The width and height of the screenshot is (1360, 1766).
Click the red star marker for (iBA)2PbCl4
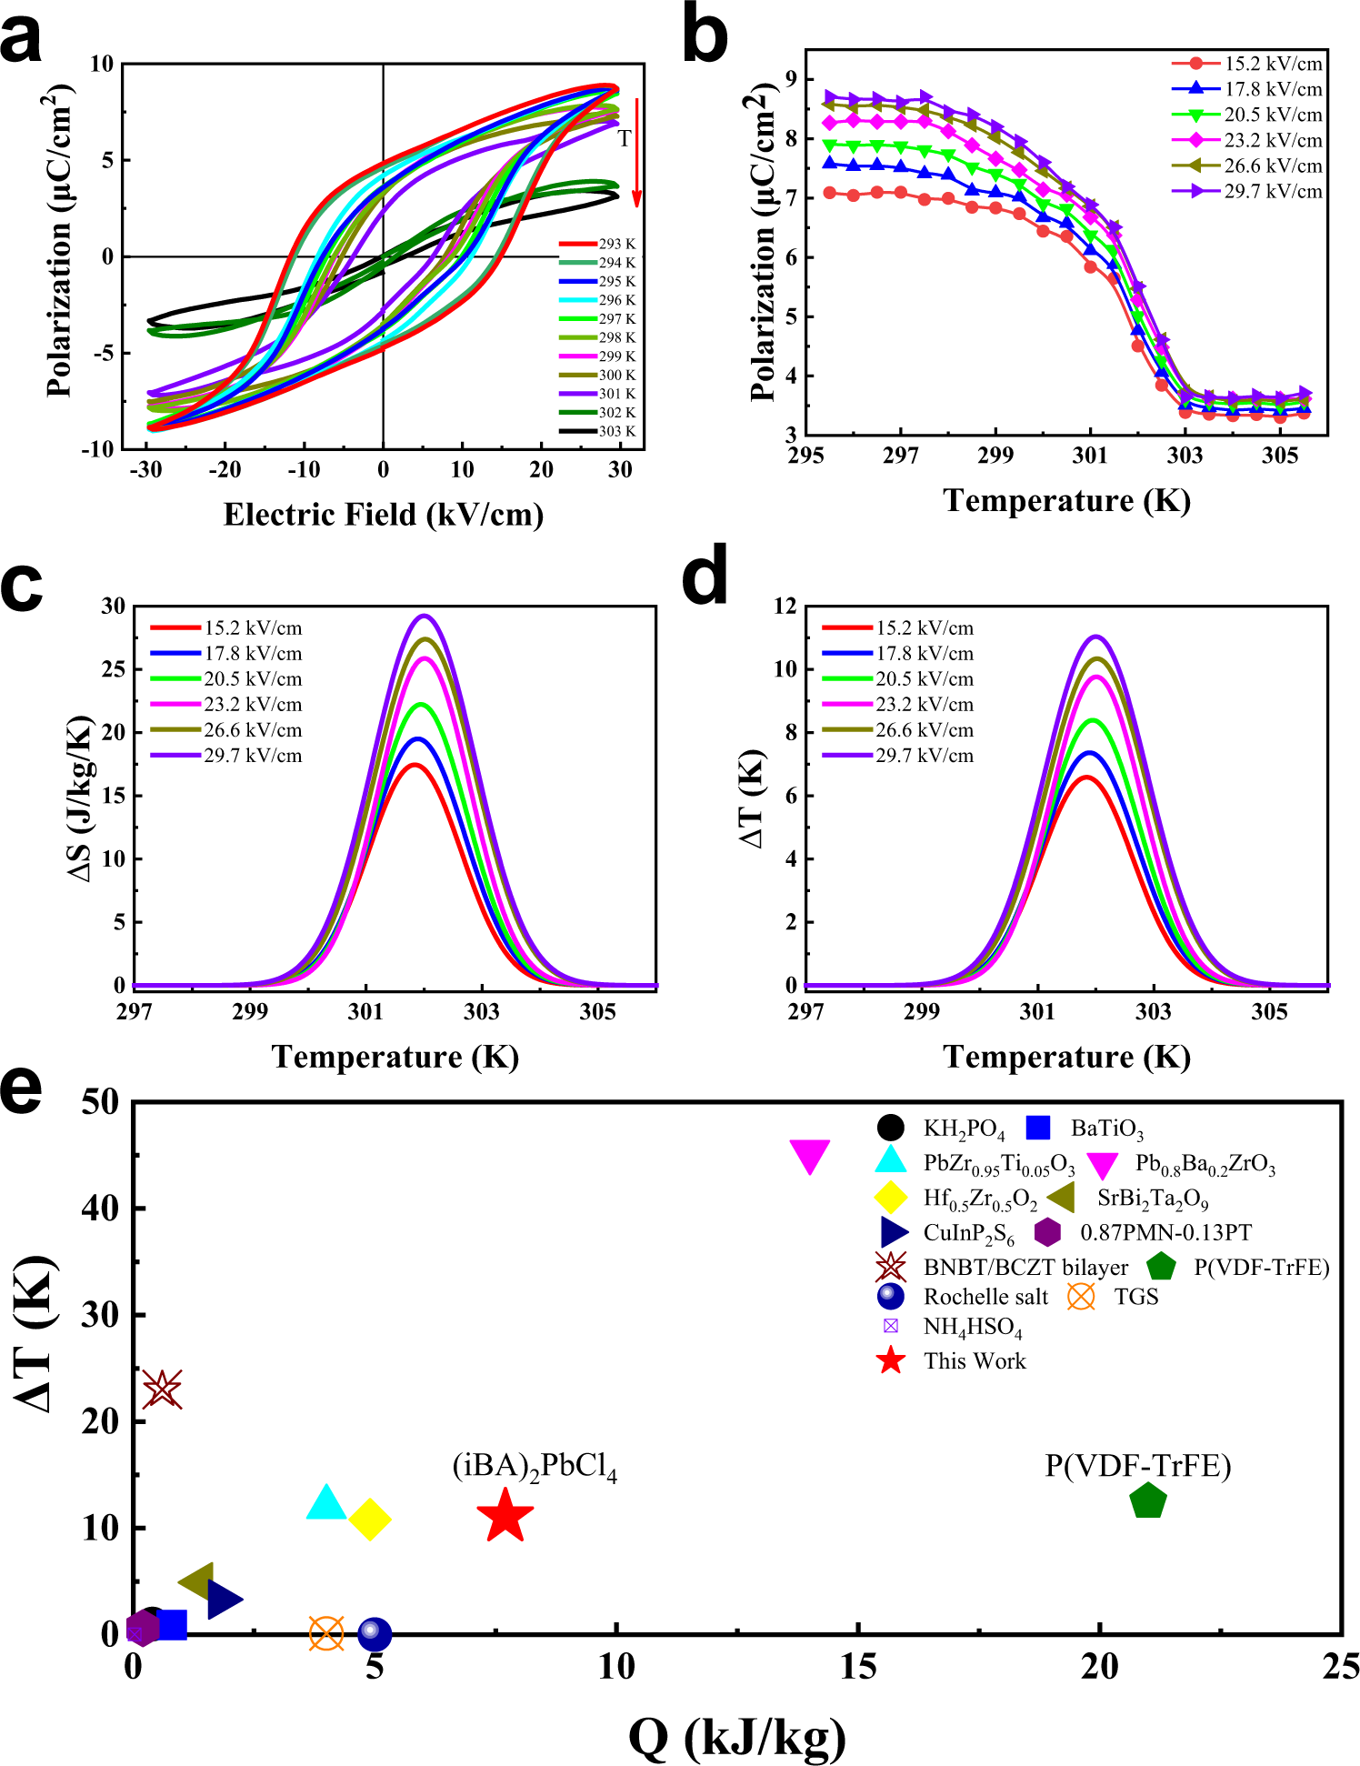pos(505,1517)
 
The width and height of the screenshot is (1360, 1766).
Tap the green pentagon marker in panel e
pos(1147,1501)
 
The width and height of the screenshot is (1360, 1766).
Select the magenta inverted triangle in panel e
pos(809,1156)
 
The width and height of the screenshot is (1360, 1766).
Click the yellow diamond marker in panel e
pos(369,1520)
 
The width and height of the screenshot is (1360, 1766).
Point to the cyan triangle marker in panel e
pos(326,1503)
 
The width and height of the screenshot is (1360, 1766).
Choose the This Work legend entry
pos(975,1361)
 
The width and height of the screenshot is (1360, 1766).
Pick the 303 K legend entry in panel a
pos(616,431)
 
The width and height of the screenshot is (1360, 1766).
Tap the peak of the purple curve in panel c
pos(424,616)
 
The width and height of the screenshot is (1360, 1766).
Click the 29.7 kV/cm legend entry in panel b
pos(1273,191)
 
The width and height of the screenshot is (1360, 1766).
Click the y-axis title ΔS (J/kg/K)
pos(81,798)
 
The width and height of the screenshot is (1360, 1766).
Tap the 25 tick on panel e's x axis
pos(1340,1667)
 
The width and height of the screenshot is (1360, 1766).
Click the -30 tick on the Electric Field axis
pos(145,469)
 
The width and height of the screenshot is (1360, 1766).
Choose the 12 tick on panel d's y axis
pos(784,606)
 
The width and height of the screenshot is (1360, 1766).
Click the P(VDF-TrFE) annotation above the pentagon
pos(1137,1465)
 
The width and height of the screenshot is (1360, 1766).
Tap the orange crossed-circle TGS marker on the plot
pos(326,1633)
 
